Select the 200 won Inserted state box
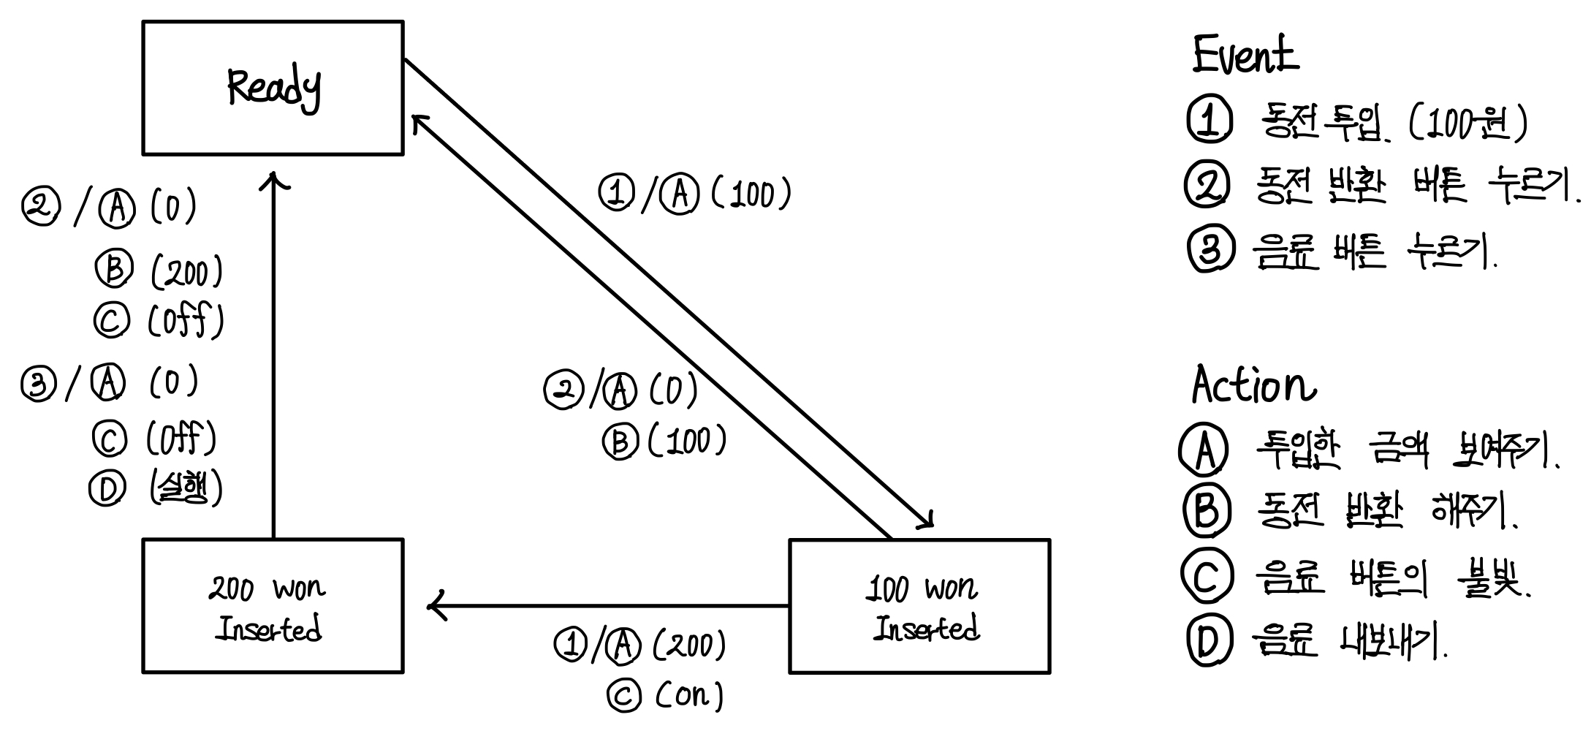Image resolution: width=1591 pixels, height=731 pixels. tap(273, 606)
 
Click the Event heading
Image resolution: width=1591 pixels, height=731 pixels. tap(1245, 54)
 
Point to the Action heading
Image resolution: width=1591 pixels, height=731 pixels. tap(1252, 385)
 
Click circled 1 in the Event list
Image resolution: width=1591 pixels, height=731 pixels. tap(1210, 121)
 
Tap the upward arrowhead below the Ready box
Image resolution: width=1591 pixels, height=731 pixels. tap(273, 178)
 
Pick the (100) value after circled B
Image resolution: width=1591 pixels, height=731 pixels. tap(687, 441)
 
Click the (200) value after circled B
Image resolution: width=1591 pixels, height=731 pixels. tap(187, 273)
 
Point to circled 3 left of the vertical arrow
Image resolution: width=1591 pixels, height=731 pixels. tap(38, 385)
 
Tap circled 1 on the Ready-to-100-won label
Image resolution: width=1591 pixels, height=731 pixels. tap(616, 194)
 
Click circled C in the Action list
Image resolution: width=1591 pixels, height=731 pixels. tap(1207, 576)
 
